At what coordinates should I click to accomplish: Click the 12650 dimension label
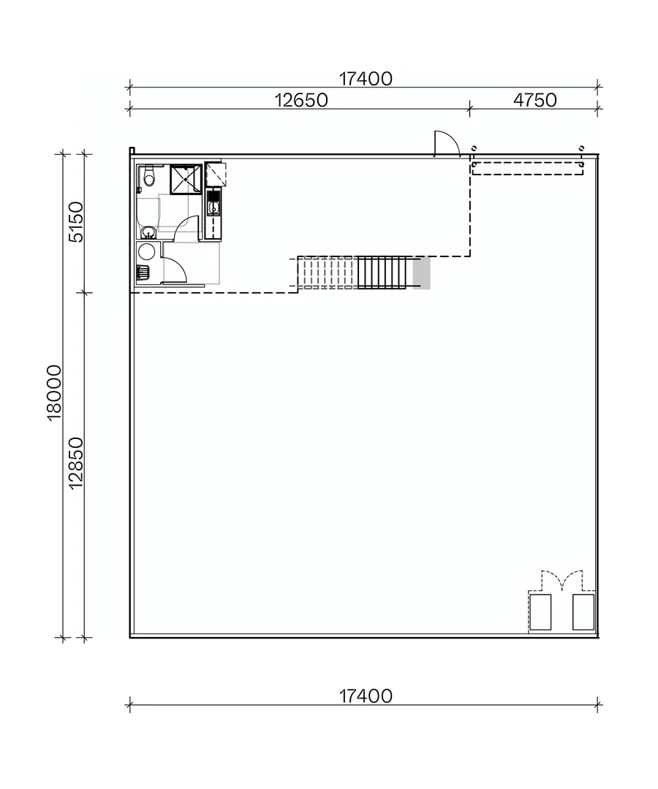pyautogui.click(x=301, y=100)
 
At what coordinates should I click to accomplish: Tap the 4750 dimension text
pyautogui.click(x=535, y=100)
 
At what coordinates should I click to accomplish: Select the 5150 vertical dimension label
pyautogui.click(x=76, y=222)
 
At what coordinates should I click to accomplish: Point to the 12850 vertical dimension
pyautogui.click(x=76, y=463)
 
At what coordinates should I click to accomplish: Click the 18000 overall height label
pyautogui.click(x=54, y=392)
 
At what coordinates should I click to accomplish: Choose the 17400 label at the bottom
pyautogui.click(x=366, y=696)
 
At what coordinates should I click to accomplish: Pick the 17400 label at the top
pyautogui.click(x=366, y=78)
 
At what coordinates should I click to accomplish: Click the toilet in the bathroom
pyautogui.click(x=148, y=177)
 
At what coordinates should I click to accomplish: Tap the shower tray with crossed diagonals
pyautogui.click(x=186, y=179)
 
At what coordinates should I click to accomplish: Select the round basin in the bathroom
pyautogui.click(x=148, y=232)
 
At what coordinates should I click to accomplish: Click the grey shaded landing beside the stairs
pyautogui.click(x=421, y=272)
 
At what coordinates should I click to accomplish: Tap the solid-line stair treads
pyautogui.click(x=381, y=272)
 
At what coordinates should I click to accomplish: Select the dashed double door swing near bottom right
pyautogui.click(x=561, y=580)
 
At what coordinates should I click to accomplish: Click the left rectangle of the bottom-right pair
pyautogui.click(x=540, y=612)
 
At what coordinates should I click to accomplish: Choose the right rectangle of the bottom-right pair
pyautogui.click(x=583, y=612)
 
